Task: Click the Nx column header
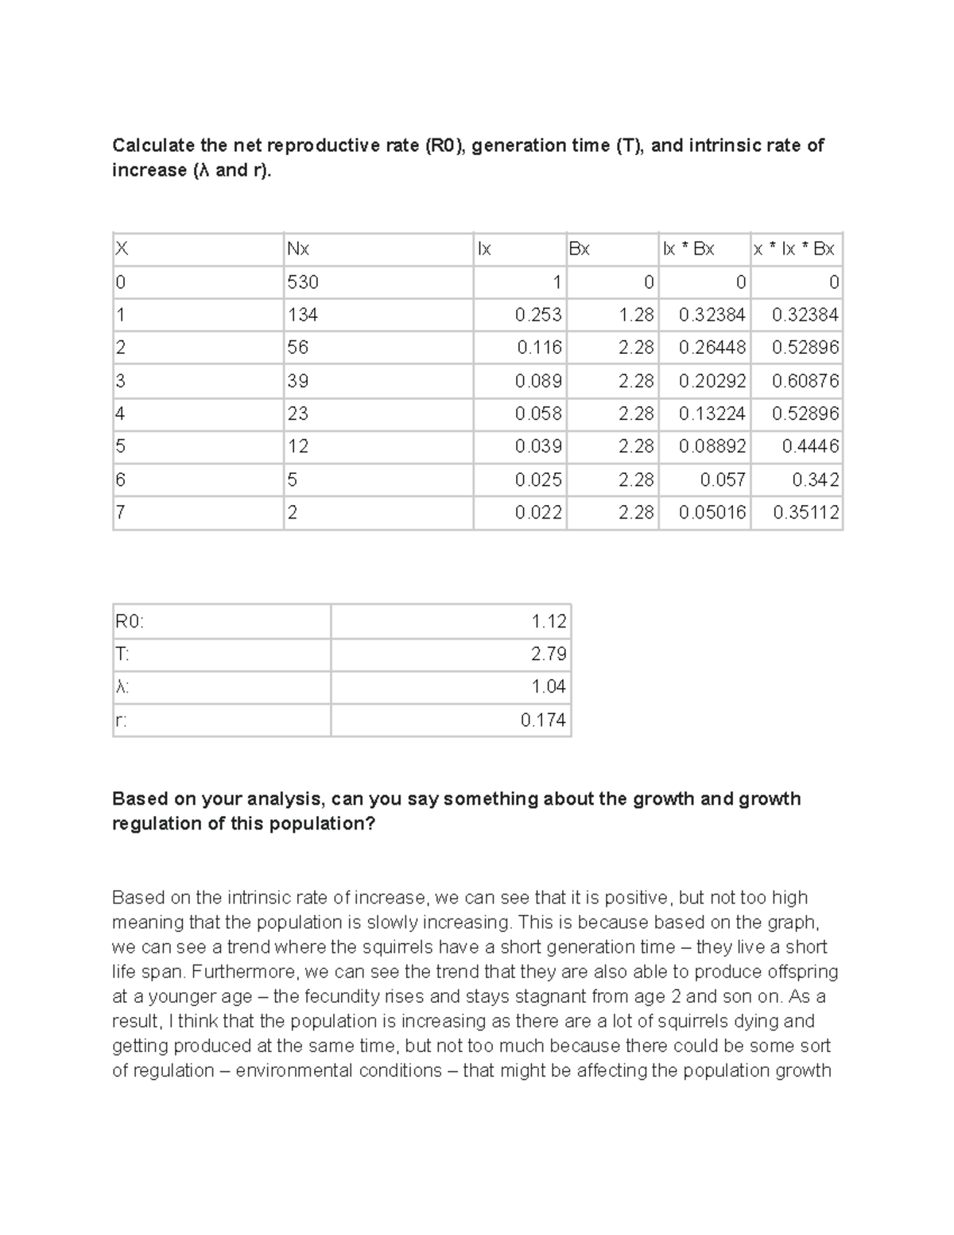[298, 249]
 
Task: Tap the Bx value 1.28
[636, 315]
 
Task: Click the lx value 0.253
[538, 315]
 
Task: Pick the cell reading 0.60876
[805, 381]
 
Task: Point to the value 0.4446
[810, 446]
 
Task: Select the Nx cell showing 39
[298, 381]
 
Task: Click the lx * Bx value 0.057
[723, 480]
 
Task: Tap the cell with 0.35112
[805, 513]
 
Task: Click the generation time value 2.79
[549, 654]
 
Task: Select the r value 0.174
[543, 720]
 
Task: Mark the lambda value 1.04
[549, 686]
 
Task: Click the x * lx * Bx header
[793, 249]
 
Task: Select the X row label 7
[120, 513]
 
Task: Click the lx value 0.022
[538, 513]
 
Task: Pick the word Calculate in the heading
[153, 146]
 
